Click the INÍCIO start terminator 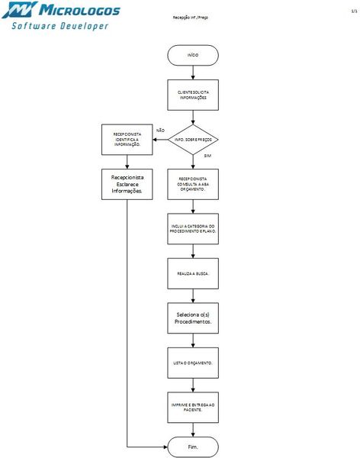[x=193, y=56]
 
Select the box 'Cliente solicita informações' [x=193, y=95]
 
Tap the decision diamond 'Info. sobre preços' [x=193, y=140]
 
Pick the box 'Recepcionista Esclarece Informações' [x=127, y=184]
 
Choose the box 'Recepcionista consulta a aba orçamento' [x=193, y=184]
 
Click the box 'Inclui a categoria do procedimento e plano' [x=193, y=228]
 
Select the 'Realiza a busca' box [x=193, y=273]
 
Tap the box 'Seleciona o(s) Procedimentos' [x=193, y=318]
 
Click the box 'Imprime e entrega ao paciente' [x=193, y=406]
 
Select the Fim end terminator [x=193, y=447]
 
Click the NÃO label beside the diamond [x=160, y=131]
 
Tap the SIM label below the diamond [x=207, y=156]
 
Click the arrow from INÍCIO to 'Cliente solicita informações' [x=193, y=72]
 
